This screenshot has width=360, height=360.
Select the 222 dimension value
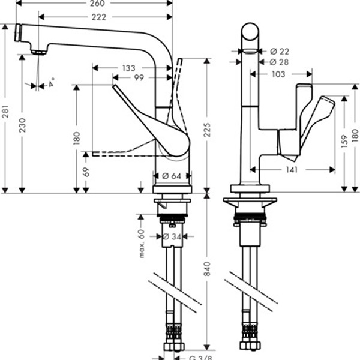pos(100,17)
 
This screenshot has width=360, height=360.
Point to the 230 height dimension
pos(23,125)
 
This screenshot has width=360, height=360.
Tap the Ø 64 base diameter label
pos(172,176)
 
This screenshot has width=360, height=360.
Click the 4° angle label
pos(51,82)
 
